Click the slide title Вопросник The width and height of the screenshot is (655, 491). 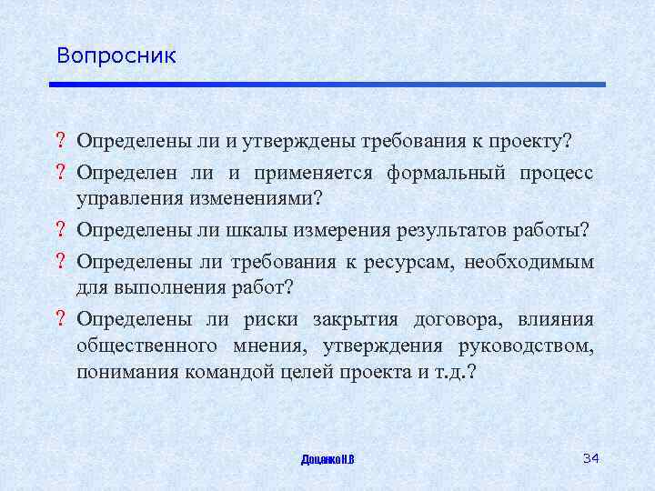pos(116,55)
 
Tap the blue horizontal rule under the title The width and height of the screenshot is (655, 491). pos(327,85)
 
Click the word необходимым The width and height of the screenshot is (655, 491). pos(529,262)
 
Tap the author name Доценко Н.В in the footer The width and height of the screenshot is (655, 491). pos(327,459)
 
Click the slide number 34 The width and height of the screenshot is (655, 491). pos(590,456)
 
